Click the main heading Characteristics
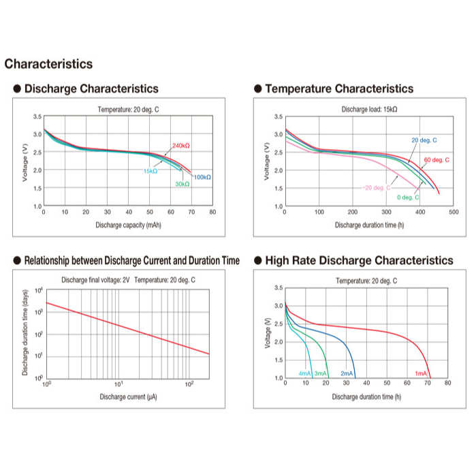48,64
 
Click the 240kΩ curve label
180,146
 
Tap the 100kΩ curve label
202,177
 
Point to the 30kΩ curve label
182,184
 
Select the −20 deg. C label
376,187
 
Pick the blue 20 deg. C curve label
424,140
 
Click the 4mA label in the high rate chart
304,374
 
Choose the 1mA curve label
421,374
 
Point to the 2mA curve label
347,374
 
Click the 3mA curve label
320,374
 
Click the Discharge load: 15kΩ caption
369,109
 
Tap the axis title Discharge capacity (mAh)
128,225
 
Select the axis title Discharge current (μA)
128,397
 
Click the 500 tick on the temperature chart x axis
454,212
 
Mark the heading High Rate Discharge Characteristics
358,260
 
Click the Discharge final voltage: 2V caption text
95,280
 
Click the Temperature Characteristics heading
338,89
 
